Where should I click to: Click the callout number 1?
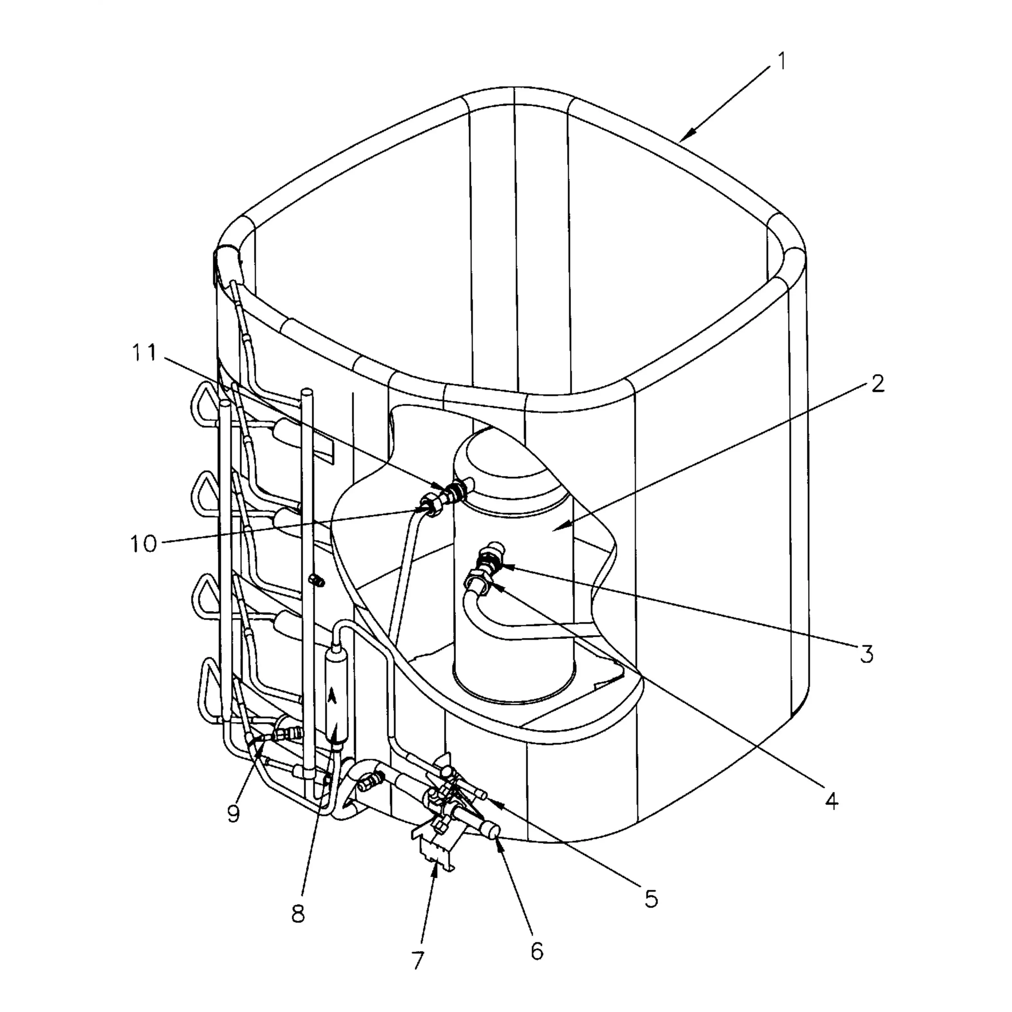click(x=781, y=62)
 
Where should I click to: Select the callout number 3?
click(x=867, y=654)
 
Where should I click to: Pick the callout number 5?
click(x=651, y=899)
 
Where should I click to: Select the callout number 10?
click(x=144, y=544)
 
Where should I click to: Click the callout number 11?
click(x=144, y=353)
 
